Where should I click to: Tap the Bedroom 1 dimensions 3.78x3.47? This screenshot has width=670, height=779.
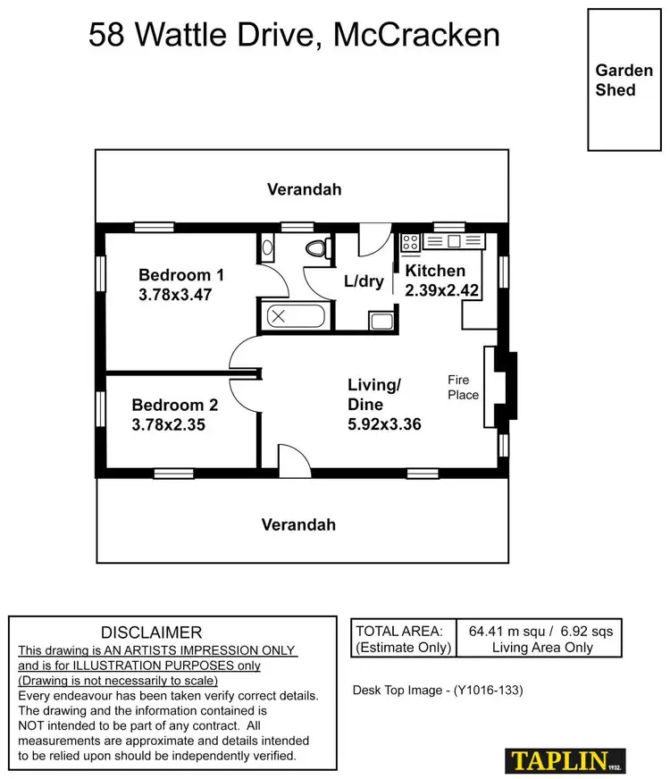(x=175, y=294)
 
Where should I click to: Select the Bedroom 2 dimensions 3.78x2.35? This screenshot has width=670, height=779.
(x=169, y=425)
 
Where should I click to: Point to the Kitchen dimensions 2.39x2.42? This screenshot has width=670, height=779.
(x=443, y=290)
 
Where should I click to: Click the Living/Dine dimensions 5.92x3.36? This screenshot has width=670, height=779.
(x=384, y=424)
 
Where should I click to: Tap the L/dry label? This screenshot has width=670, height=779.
(x=364, y=281)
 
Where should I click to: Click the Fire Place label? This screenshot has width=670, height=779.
(x=463, y=388)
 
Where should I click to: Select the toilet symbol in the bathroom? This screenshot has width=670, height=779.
(x=314, y=247)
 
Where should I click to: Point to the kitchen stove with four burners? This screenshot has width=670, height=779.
(x=411, y=241)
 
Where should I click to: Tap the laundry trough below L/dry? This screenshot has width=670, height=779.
(x=381, y=321)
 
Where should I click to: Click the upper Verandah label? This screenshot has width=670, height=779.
(x=304, y=189)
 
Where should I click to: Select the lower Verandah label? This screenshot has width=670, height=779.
(x=298, y=524)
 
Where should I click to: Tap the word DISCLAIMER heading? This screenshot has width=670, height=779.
(x=151, y=632)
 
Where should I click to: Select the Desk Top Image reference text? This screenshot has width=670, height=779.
(x=438, y=690)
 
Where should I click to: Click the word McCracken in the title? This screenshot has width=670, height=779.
(x=415, y=36)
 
